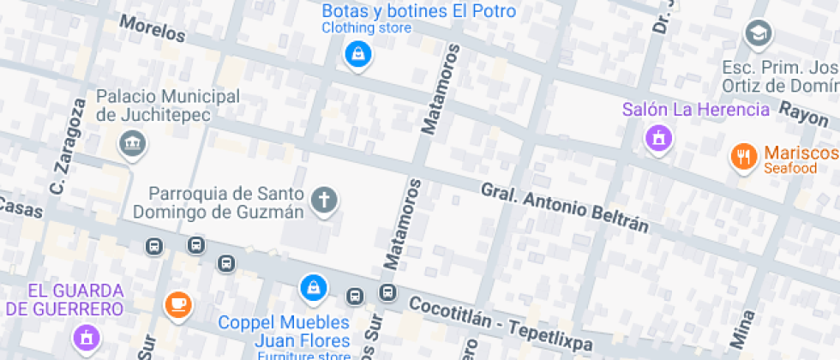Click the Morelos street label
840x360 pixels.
click(x=153, y=28)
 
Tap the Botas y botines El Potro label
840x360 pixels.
click(x=418, y=11)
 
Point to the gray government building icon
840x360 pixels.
click(x=131, y=142)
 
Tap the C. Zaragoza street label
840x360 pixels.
click(x=68, y=146)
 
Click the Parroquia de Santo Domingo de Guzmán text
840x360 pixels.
click(x=226, y=202)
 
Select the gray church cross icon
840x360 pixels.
click(x=324, y=201)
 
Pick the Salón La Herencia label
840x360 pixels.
click(x=696, y=109)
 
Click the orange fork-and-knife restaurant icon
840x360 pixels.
click(x=742, y=156)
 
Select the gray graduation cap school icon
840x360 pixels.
click(x=759, y=34)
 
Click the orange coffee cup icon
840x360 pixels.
click(x=177, y=303)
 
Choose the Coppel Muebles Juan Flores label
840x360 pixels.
click(x=284, y=331)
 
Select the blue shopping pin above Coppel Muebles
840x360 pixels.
click(x=314, y=286)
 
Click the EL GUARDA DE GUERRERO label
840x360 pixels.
click(x=64, y=299)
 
